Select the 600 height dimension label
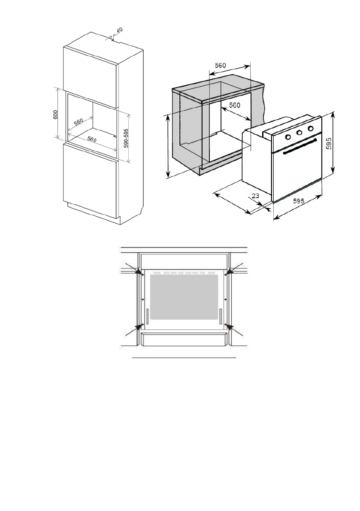[56, 114]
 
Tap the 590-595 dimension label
[126, 138]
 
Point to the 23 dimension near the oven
[255, 196]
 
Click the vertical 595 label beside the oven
[328, 143]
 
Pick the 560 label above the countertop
[220, 65]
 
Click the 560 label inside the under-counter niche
[234, 105]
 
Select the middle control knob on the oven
[299, 133]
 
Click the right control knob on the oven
[310, 128]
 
